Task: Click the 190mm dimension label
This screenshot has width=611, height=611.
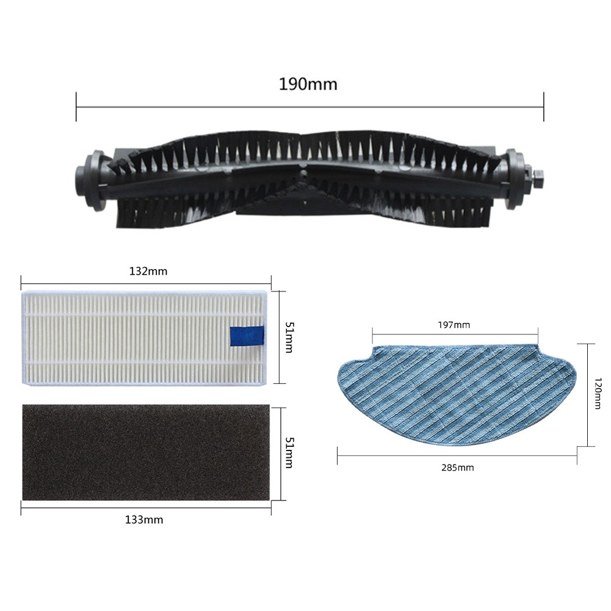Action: [308, 84]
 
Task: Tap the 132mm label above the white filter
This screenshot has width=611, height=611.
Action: [148, 271]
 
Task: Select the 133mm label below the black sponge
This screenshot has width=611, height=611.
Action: [144, 520]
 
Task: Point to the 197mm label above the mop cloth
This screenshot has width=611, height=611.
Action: [454, 325]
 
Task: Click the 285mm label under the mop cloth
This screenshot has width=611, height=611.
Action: [457, 467]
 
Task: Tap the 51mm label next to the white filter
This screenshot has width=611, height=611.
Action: [289, 338]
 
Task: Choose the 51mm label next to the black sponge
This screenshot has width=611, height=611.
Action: [289, 453]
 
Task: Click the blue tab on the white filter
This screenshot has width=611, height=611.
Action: [247, 336]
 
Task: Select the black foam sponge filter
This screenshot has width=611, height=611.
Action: [146, 452]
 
